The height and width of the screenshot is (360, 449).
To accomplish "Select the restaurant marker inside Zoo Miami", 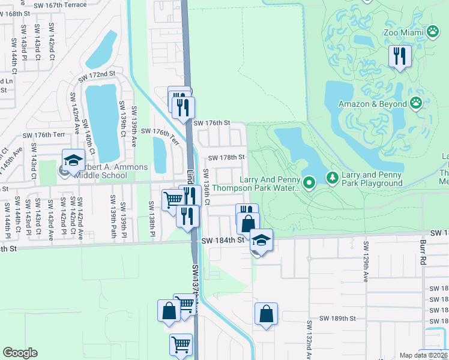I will point(399,56).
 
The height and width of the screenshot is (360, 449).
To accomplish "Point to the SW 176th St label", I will point(211,122).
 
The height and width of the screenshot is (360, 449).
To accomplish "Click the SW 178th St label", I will point(226,158).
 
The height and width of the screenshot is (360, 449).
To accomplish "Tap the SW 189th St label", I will point(337,318).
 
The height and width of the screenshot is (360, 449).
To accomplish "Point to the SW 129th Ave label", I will point(364,262).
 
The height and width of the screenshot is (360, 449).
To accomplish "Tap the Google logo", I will point(20,353).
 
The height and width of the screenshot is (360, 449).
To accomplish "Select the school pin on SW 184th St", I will point(261,240).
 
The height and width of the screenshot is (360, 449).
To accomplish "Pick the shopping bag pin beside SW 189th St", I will point(266,314).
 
